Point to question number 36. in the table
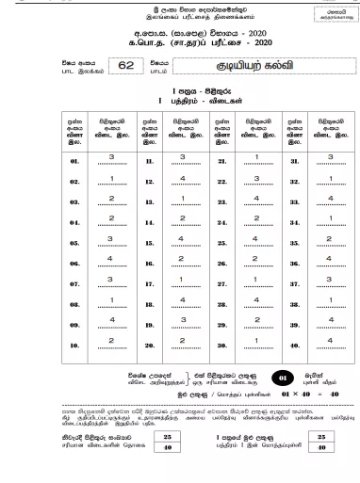295,263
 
